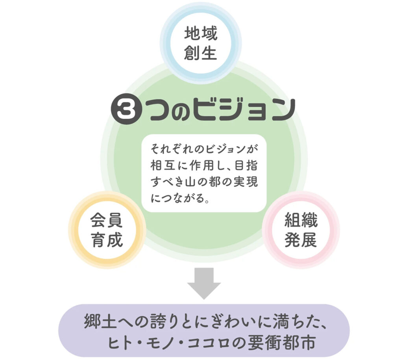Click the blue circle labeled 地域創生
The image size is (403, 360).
tap(200, 43)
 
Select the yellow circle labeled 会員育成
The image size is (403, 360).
tap(107, 230)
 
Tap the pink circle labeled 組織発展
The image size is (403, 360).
tap(301, 230)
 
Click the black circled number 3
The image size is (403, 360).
tap(126, 110)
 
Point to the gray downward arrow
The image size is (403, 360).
tap(204, 283)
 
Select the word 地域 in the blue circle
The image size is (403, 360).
tap(201, 33)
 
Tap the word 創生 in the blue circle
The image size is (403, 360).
tap(201, 53)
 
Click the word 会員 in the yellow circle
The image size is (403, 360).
tap(107, 220)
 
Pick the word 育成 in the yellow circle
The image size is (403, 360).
tap(107, 240)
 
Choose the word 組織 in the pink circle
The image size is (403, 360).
tap(301, 220)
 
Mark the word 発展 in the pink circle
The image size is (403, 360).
tap(301, 240)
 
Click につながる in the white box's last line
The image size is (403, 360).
tap(177, 198)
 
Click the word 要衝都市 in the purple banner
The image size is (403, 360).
tap(281, 343)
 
